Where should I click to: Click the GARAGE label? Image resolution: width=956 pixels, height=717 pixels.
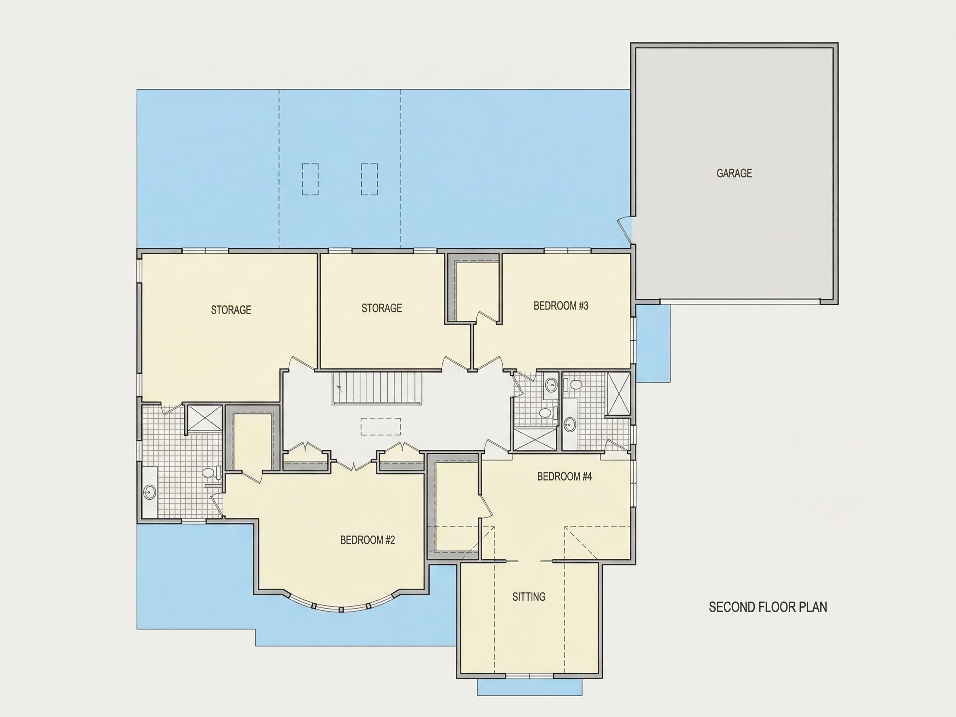click(x=734, y=173)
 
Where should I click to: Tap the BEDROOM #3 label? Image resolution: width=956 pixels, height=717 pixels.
click(x=561, y=306)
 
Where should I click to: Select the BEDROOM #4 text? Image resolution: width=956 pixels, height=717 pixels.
click(x=564, y=476)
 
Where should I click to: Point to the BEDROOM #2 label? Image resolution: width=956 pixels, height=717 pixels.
click(x=367, y=540)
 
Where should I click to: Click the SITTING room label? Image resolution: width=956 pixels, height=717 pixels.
click(x=529, y=597)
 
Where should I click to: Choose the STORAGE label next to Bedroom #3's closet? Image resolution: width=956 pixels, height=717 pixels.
click(x=382, y=308)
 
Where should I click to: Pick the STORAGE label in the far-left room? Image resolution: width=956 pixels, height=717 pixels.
click(x=231, y=310)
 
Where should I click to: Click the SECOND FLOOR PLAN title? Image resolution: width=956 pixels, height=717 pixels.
click(x=768, y=607)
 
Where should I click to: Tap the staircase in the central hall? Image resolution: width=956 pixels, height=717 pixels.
click(x=377, y=388)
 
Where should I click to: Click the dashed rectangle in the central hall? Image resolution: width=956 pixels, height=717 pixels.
click(x=381, y=427)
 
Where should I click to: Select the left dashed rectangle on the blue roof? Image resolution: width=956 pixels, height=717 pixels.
click(x=310, y=179)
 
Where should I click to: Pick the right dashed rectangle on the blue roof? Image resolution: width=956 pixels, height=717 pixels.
click(x=370, y=179)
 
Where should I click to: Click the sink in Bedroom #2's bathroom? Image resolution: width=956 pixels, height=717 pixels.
click(x=150, y=492)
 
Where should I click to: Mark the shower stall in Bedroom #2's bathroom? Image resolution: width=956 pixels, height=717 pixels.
click(x=205, y=418)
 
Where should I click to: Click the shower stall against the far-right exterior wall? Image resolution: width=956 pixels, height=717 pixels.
click(x=619, y=393)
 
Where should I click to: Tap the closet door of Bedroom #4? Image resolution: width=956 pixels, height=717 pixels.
click(x=486, y=506)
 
